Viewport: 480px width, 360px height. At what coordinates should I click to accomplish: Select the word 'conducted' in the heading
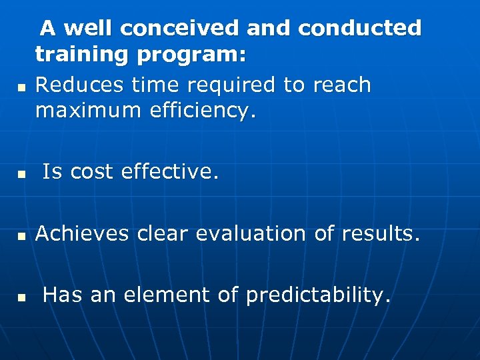[x=360, y=28]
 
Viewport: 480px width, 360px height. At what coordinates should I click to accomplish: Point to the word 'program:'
[x=191, y=55]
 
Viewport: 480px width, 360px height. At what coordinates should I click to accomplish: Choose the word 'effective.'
[x=170, y=172]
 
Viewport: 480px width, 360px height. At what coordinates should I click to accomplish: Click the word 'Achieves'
[x=82, y=233]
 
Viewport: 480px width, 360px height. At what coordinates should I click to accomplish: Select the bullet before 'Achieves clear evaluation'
[x=21, y=236]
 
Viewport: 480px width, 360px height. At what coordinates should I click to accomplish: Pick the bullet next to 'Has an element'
[x=21, y=297]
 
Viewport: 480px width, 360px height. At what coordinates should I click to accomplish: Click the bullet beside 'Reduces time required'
[x=21, y=87]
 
